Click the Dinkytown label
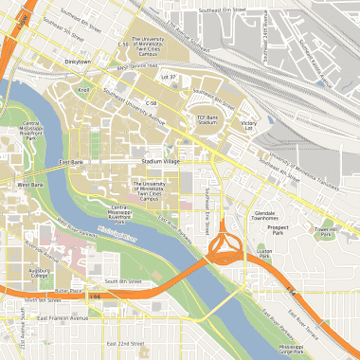[78, 62]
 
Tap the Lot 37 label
[170, 76]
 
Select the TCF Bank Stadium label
[208, 119]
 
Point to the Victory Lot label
[248, 126]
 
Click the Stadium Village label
[160, 162]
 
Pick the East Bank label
[71, 162]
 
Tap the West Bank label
[31, 184]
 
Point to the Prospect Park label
[278, 230]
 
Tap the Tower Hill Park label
[326, 231]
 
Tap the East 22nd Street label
[124, 343]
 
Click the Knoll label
[84, 90]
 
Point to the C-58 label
[151, 101]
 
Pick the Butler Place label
[70, 290]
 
